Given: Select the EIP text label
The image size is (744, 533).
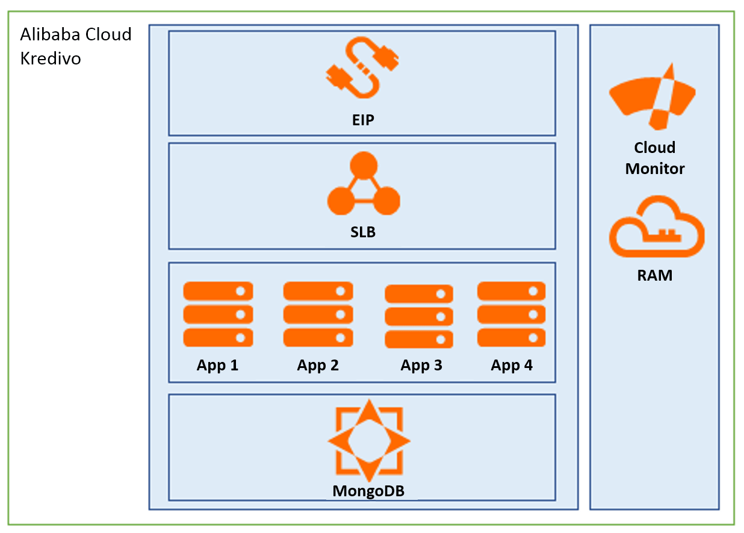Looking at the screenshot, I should click(x=363, y=120).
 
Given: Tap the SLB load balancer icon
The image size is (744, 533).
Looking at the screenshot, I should click(x=364, y=184).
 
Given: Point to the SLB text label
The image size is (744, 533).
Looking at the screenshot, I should click(x=363, y=232).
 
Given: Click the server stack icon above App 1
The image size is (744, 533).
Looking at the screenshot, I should click(x=218, y=314).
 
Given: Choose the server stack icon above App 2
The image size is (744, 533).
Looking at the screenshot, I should click(x=318, y=314).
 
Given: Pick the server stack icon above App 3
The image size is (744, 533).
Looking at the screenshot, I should click(x=419, y=316).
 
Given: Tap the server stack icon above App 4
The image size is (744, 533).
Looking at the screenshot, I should click(x=512, y=314).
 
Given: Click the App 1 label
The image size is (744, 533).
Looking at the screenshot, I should click(x=217, y=365).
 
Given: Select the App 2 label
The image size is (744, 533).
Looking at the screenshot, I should click(x=318, y=365).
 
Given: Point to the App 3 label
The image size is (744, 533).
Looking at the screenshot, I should click(x=421, y=365).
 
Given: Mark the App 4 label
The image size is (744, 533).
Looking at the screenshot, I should click(x=512, y=365).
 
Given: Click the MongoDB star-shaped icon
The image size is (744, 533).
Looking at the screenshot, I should click(x=369, y=440).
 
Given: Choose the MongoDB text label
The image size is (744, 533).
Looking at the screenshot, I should click(x=368, y=491).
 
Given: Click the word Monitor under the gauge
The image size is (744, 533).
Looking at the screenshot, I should click(x=655, y=169).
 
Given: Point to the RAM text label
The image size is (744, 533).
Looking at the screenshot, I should click(x=655, y=276).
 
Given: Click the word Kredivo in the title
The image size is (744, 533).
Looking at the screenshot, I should click(x=51, y=59).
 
